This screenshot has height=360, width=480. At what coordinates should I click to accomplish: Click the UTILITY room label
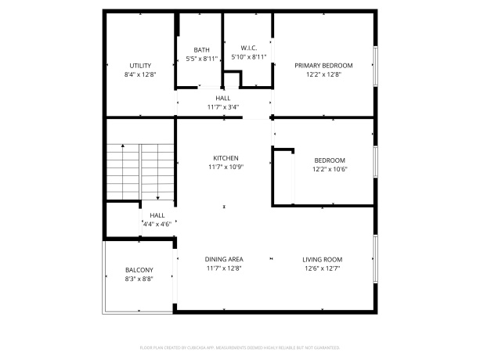(140, 66)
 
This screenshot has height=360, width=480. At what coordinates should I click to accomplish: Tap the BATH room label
(201, 50)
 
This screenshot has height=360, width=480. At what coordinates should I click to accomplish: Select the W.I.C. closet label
(249, 48)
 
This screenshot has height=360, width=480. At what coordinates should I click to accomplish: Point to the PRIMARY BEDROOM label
(323, 66)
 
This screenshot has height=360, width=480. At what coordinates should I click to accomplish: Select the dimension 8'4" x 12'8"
(140, 74)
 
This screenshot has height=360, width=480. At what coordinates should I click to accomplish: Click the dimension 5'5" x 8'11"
(201, 59)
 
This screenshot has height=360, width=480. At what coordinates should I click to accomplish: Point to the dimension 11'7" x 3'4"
(223, 106)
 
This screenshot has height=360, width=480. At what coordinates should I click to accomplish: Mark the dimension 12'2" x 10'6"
(329, 169)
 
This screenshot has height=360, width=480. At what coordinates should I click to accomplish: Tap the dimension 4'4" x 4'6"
(157, 224)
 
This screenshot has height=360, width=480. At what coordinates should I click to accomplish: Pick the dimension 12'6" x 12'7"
(323, 268)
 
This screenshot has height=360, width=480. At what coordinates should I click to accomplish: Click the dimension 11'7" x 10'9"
(226, 167)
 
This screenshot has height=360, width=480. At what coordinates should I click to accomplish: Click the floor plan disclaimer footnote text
(240, 346)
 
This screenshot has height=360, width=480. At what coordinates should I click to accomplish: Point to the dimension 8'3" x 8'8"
(139, 279)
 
